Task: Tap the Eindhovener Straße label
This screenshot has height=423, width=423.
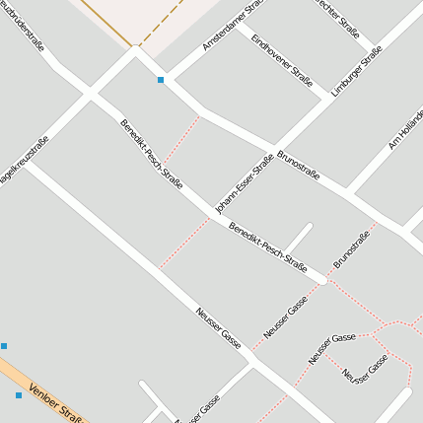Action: point(282,60)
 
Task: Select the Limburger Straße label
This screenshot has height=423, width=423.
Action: point(356,75)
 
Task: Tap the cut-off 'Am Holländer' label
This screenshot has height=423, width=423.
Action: point(406,128)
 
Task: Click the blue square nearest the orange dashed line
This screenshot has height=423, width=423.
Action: point(160,79)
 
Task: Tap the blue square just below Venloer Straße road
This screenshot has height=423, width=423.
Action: point(18,395)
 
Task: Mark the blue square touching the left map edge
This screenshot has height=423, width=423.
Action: point(4,346)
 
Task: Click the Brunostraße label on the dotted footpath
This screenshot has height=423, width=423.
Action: point(351,247)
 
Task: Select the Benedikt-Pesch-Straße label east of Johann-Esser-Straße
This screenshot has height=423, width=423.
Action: point(267,247)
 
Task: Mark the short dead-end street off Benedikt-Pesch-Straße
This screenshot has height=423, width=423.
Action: point(299,240)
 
